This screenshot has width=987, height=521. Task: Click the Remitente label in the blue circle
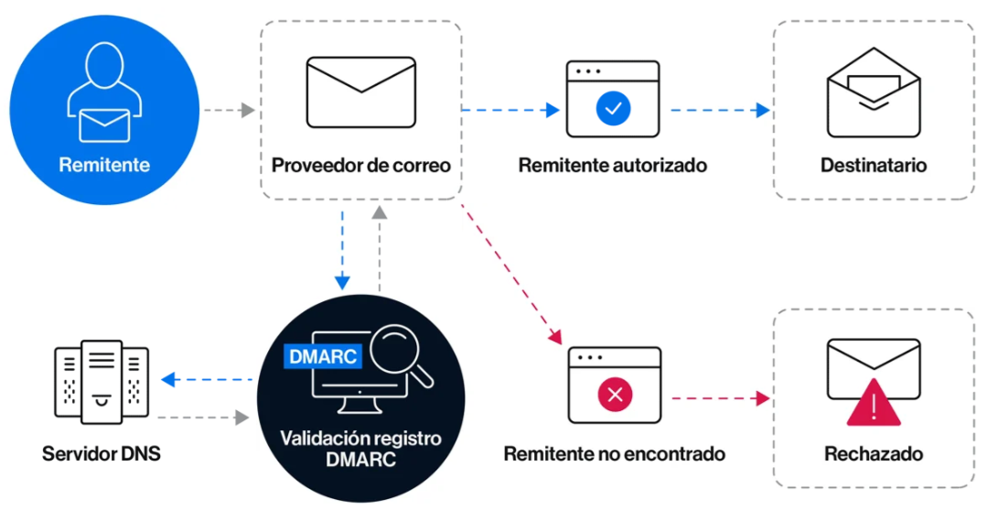[x=104, y=166]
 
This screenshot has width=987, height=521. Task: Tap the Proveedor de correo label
[x=361, y=166]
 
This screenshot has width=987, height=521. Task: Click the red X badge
[x=615, y=396]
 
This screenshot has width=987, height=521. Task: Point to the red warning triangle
[x=874, y=404]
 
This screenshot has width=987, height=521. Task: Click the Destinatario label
[x=874, y=166]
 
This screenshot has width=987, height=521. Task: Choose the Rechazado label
[x=874, y=453]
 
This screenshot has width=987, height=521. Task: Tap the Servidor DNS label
[x=102, y=453]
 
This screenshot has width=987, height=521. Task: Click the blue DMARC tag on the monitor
[x=323, y=355]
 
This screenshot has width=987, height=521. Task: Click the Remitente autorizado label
[x=613, y=166]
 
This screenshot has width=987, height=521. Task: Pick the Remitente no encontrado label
[x=615, y=453]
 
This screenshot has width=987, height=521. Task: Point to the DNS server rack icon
[x=102, y=383]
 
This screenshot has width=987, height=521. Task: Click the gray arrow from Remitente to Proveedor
[x=228, y=111]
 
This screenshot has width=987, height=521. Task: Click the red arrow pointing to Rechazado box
[x=720, y=398]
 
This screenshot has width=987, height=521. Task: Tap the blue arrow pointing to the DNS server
[x=207, y=378]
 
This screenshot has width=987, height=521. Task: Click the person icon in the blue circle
[x=104, y=92]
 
